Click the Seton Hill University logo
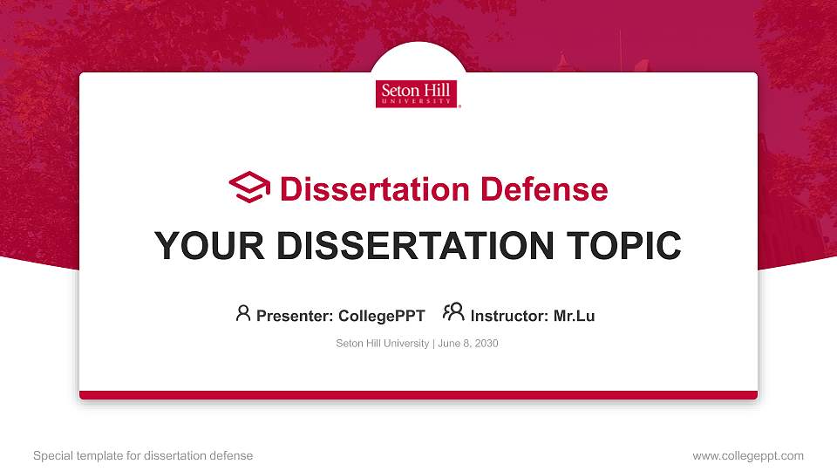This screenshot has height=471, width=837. click(418, 94)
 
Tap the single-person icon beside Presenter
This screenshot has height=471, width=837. click(243, 313)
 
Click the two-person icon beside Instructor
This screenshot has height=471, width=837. click(453, 312)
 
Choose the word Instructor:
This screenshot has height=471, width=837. click(509, 316)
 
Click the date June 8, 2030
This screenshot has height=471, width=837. click(468, 344)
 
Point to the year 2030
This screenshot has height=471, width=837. click(486, 344)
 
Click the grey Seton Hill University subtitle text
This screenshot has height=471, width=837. click(382, 344)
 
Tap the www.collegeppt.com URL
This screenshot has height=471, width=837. click(748, 455)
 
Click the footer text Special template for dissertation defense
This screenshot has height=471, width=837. click(143, 455)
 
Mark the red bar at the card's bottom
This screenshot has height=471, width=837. click(418, 395)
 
